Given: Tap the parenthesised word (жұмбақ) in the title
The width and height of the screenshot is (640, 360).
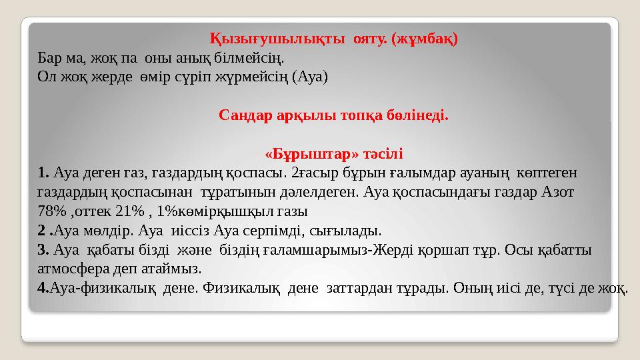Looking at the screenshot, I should (x=425, y=37).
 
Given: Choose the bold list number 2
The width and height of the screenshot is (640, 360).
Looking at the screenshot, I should (x=42, y=231).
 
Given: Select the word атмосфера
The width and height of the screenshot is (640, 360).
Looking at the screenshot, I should (x=70, y=269).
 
